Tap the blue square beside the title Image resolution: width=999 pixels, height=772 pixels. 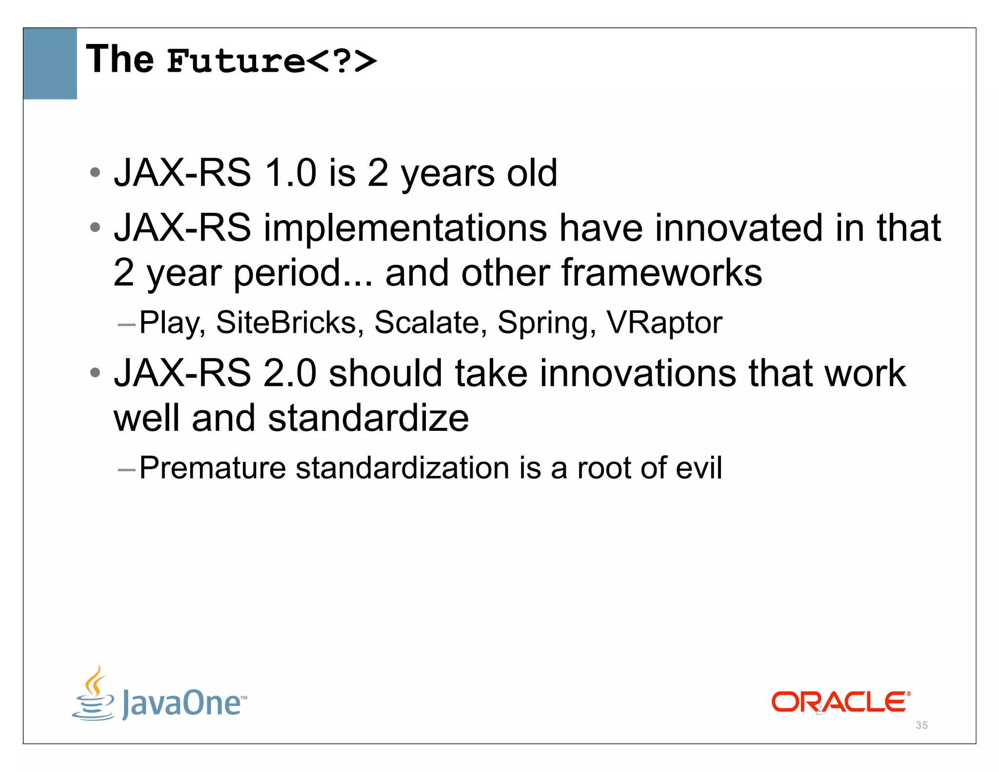50,63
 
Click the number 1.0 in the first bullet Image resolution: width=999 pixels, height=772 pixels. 290,173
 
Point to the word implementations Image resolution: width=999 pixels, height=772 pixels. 405,228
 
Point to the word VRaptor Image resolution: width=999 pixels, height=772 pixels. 664,323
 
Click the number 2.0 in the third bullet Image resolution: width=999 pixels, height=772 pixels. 290,373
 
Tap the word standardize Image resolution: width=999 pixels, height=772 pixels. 368,418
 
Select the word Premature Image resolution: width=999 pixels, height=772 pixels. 212,467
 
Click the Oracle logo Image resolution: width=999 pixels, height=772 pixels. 840,702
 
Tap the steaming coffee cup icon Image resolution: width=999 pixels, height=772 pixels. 94,693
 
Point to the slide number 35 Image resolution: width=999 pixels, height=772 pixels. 921,725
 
